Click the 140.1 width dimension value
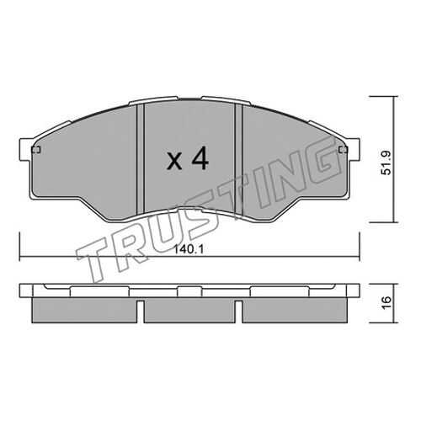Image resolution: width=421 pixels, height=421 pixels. pyautogui.click(x=189, y=249)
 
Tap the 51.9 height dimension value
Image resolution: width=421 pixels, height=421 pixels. pyautogui.click(x=387, y=163)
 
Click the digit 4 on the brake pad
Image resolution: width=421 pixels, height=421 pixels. pyautogui.click(x=200, y=158)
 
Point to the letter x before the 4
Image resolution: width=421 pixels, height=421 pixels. pyautogui.click(x=174, y=163)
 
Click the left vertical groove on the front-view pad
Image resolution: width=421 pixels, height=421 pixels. pyautogui.click(x=141, y=158)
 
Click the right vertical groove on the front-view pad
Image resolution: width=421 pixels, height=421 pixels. pyautogui.click(x=238, y=158)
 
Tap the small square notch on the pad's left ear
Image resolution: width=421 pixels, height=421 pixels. pyautogui.click(x=36, y=150)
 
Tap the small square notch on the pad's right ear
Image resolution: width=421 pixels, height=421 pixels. pyautogui.click(x=344, y=150)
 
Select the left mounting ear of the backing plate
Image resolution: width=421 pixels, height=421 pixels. pyautogui.click(x=26, y=150)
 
